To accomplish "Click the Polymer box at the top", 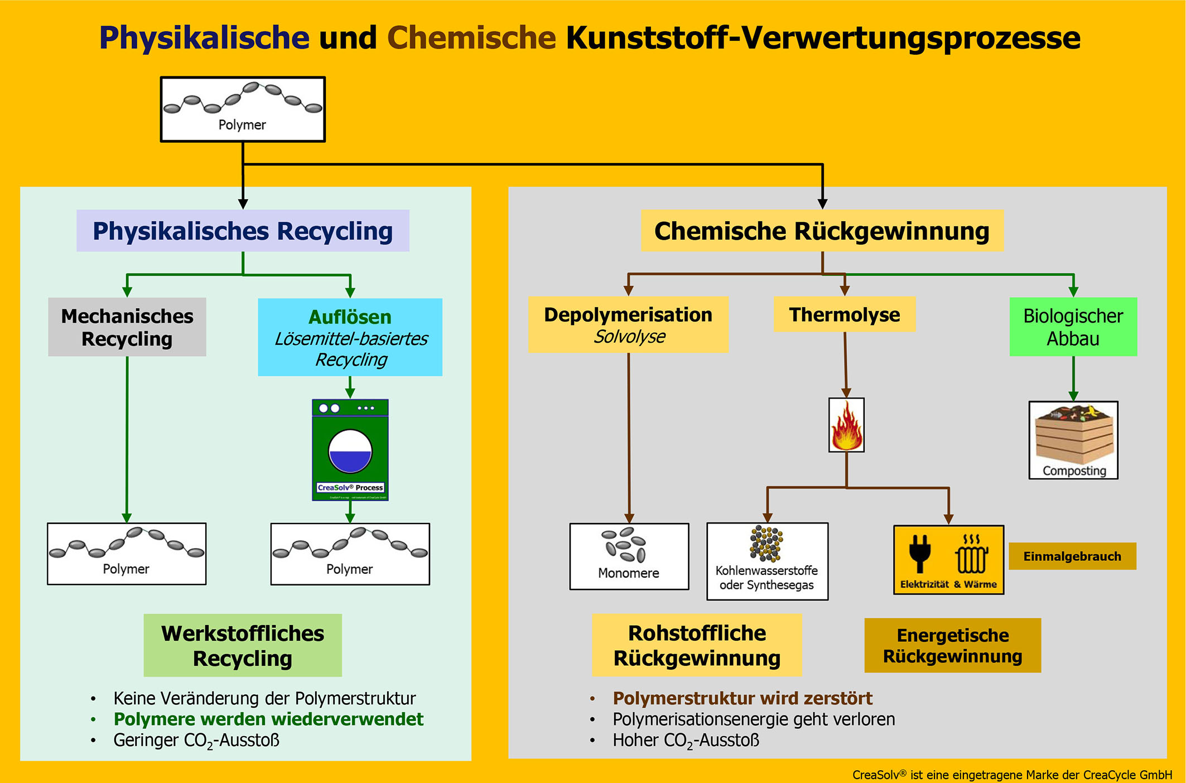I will tap(243, 109).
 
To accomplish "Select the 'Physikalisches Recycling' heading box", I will tap(243, 230).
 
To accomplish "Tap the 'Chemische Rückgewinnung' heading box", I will tap(822, 230).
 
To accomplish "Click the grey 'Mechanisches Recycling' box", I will tap(127, 327).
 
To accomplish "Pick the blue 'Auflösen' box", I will tap(350, 337).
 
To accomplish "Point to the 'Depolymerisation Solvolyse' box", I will tap(628, 325).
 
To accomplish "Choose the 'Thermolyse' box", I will tap(844, 314).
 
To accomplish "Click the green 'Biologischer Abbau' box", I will tap(1073, 327).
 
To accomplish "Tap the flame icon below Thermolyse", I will tap(846, 425).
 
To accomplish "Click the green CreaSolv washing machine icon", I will tap(350, 450).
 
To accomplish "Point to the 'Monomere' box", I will tap(629, 556).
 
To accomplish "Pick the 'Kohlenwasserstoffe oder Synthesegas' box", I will tap(767, 561).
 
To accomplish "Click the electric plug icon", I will tap(919, 553).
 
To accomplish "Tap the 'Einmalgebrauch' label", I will tap(1072, 556).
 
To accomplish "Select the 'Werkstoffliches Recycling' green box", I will tap(243, 646).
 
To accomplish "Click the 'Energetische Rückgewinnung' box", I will tap(952, 646).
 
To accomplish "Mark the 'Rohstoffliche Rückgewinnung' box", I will tap(697, 646).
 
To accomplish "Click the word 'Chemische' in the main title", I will tap(471, 38).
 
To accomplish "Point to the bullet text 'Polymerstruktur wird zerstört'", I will tap(742, 698).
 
